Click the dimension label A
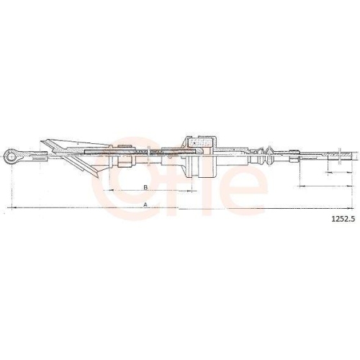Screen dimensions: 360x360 pos(146,204)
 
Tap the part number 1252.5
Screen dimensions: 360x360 pos(343,222)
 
